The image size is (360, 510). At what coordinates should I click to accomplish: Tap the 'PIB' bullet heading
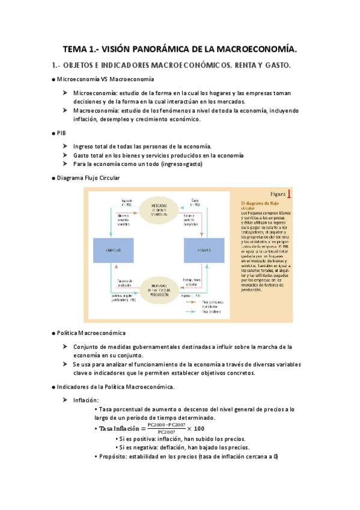point(61,132)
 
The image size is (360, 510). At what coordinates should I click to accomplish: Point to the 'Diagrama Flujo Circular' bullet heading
point(88,178)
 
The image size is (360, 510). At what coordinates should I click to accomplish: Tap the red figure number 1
point(290,194)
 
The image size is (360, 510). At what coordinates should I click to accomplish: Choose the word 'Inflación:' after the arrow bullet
point(87,400)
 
